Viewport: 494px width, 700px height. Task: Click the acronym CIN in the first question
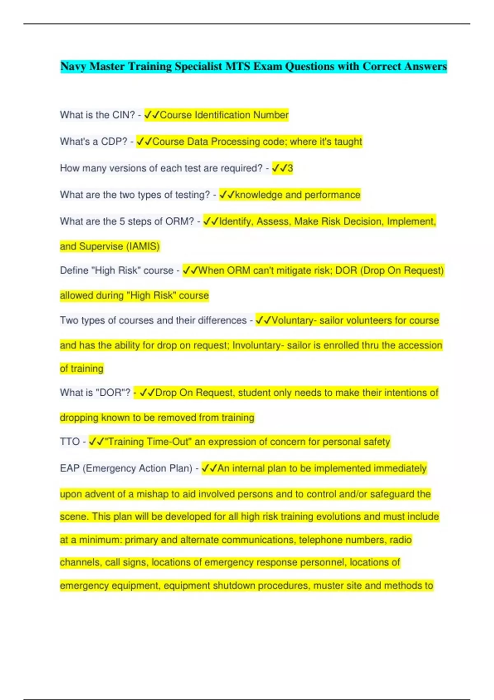pos(121,115)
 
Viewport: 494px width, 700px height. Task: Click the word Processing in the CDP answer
pos(235,142)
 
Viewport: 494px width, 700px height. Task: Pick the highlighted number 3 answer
pos(290,168)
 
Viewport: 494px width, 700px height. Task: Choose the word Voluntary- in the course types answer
pos(294,320)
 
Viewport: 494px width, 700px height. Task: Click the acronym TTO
pos(70,442)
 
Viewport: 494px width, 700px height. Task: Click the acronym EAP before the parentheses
pos(70,469)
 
